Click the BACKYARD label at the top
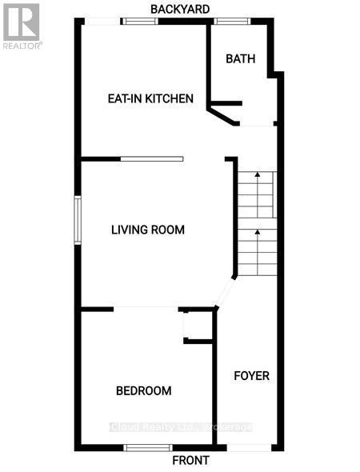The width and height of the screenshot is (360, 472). pyautogui.click(x=181, y=9)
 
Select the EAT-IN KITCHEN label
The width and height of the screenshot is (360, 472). pyautogui.click(x=150, y=99)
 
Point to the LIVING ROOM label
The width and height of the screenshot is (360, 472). pyautogui.click(x=147, y=230)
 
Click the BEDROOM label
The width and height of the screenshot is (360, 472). pyautogui.click(x=144, y=390)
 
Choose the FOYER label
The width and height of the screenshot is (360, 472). pyautogui.click(x=251, y=375)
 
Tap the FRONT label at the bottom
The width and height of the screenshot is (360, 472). pyautogui.click(x=191, y=461)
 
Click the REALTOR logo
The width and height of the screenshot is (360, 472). pyautogui.click(x=21, y=26)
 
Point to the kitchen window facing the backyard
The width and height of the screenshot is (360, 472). pyautogui.click(x=139, y=21)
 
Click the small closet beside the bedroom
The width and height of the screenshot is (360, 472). pyautogui.click(x=198, y=326)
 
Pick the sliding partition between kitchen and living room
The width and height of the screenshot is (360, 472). pyautogui.click(x=151, y=159)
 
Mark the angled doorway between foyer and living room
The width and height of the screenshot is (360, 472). pyautogui.click(x=225, y=293)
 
